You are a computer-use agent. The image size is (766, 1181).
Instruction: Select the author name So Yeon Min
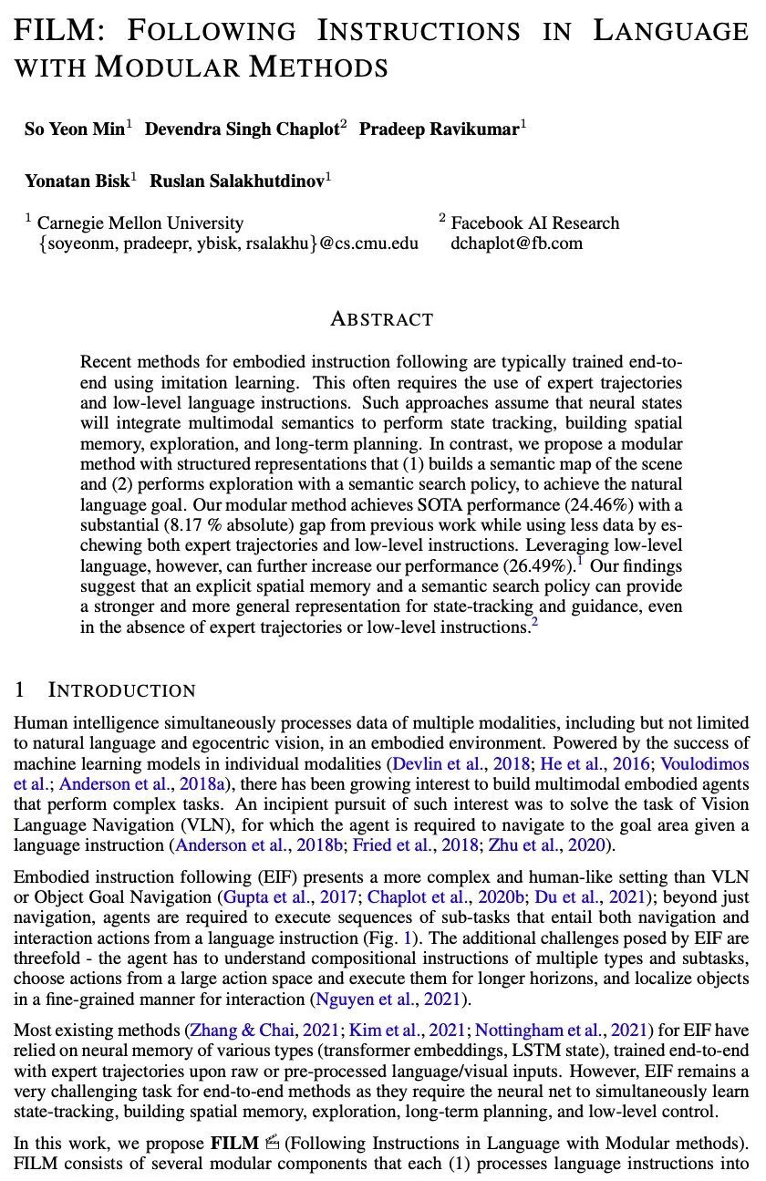click(x=75, y=129)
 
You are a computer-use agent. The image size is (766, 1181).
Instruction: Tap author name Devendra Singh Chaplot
click(x=241, y=129)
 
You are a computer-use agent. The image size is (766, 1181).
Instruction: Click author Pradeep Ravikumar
click(x=438, y=129)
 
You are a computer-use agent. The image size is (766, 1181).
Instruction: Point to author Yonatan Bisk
click(x=77, y=181)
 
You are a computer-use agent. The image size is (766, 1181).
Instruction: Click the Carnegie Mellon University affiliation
click(x=140, y=223)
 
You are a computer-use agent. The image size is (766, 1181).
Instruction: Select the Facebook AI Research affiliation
click(x=534, y=223)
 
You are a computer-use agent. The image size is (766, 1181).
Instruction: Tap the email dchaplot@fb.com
click(x=516, y=243)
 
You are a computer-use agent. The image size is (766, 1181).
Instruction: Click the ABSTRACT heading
click(x=381, y=319)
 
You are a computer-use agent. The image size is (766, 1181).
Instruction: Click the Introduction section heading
click(x=121, y=689)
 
